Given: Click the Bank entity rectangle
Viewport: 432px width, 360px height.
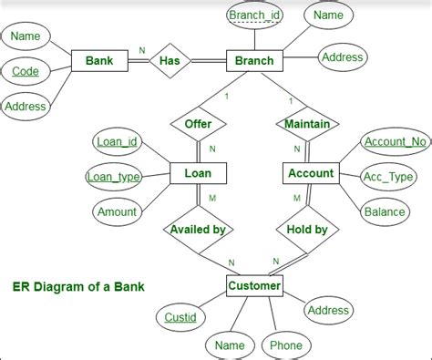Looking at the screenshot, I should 98,61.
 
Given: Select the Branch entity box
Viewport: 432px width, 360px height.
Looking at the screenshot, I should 253,61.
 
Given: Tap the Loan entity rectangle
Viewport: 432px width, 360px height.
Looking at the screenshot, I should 198,173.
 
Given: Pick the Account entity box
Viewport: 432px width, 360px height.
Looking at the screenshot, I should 310,173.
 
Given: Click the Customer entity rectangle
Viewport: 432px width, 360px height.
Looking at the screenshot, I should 253,287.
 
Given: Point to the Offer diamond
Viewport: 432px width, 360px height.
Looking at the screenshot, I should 198,123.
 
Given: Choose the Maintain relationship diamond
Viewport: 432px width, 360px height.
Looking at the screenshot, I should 306,123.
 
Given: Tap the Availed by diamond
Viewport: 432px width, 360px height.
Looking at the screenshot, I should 198,230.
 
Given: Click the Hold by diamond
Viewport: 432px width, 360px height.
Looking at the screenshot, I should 307,230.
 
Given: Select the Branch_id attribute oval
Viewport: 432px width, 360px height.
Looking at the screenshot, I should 254,16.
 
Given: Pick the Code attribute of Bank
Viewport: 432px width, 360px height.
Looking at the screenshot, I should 26,71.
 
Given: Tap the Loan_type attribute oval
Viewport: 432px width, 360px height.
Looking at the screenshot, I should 113,177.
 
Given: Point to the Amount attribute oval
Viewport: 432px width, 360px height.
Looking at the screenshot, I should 117,211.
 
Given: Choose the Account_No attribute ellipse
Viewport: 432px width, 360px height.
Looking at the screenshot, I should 394,142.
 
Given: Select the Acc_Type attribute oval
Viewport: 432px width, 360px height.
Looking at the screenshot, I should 388,177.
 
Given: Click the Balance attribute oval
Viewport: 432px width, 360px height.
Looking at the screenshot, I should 385,212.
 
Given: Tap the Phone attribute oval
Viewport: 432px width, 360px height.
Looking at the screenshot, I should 285,345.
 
